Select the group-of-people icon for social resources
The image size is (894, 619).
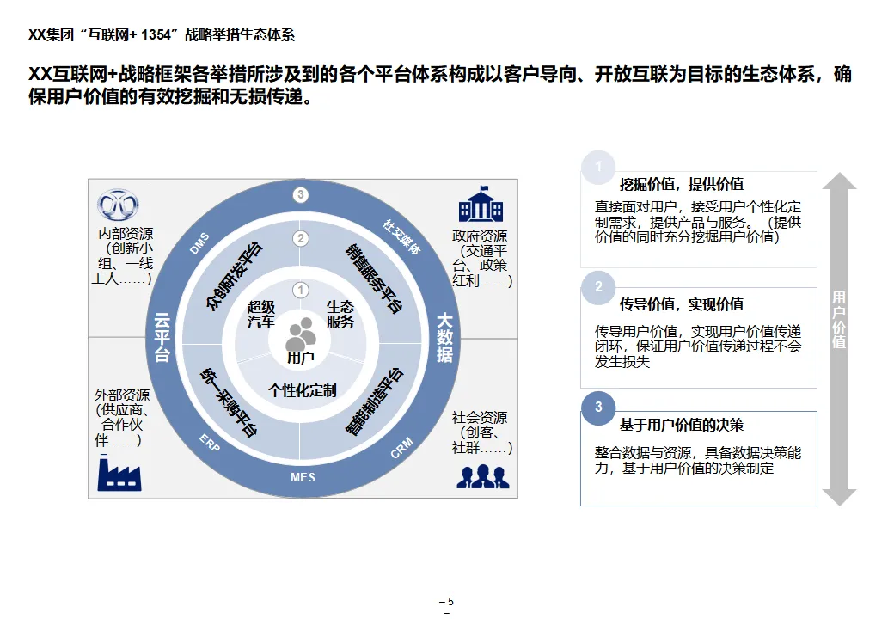click(x=482, y=475)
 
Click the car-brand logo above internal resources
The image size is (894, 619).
click(x=119, y=205)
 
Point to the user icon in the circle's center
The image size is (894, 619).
click(x=301, y=331)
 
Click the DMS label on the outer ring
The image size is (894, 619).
click(x=199, y=244)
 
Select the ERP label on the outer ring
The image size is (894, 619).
click(x=210, y=442)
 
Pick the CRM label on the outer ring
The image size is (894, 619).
click(x=401, y=448)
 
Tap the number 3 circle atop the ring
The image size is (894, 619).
click(x=300, y=195)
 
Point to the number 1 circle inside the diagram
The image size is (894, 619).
click(x=300, y=291)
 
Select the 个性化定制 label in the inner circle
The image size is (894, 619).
click(x=302, y=390)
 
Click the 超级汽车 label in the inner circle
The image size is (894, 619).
click(x=261, y=315)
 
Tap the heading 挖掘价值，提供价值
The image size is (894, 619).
click(x=681, y=184)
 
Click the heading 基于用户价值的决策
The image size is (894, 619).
click(x=681, y=425)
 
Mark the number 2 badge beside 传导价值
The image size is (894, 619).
click(x=599, y=287)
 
